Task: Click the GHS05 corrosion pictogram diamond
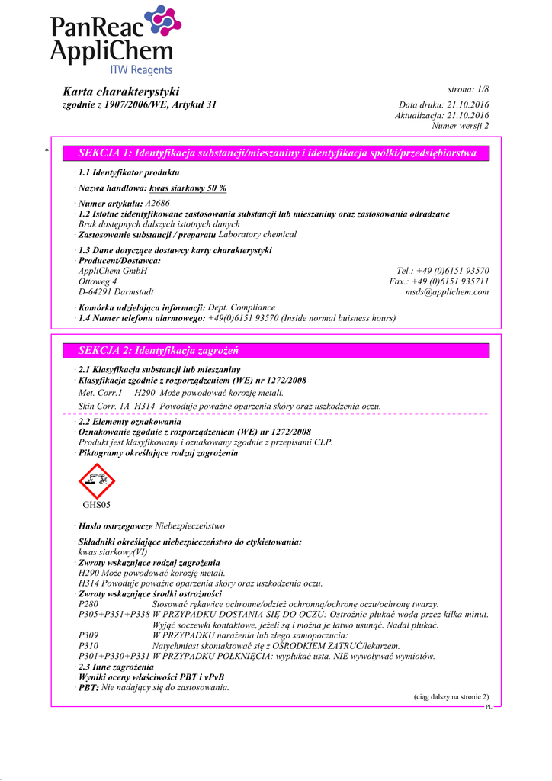tap(96, 480)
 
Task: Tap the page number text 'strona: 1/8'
tap(468, 90)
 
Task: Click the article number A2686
tap(157, 204)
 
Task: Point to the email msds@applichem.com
tap(447, 291)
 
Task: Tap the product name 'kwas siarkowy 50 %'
tap(188, 188)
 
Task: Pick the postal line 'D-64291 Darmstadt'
tap(116, 291)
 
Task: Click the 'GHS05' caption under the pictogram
tap(96, 505)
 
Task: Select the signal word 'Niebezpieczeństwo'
tap(190, 526)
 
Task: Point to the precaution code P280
tap(88, 604)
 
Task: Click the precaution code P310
tap(88, 645)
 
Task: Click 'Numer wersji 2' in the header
tap(461, 126)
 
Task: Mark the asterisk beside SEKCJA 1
tap(47, 152)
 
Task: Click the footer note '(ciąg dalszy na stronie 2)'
tap(451, 697)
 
